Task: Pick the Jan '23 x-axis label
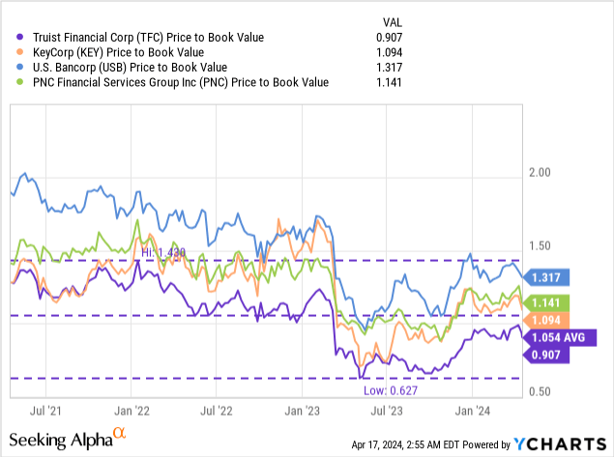302,410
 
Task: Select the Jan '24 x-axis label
472,410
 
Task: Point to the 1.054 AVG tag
558,337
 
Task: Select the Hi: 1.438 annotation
162,251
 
